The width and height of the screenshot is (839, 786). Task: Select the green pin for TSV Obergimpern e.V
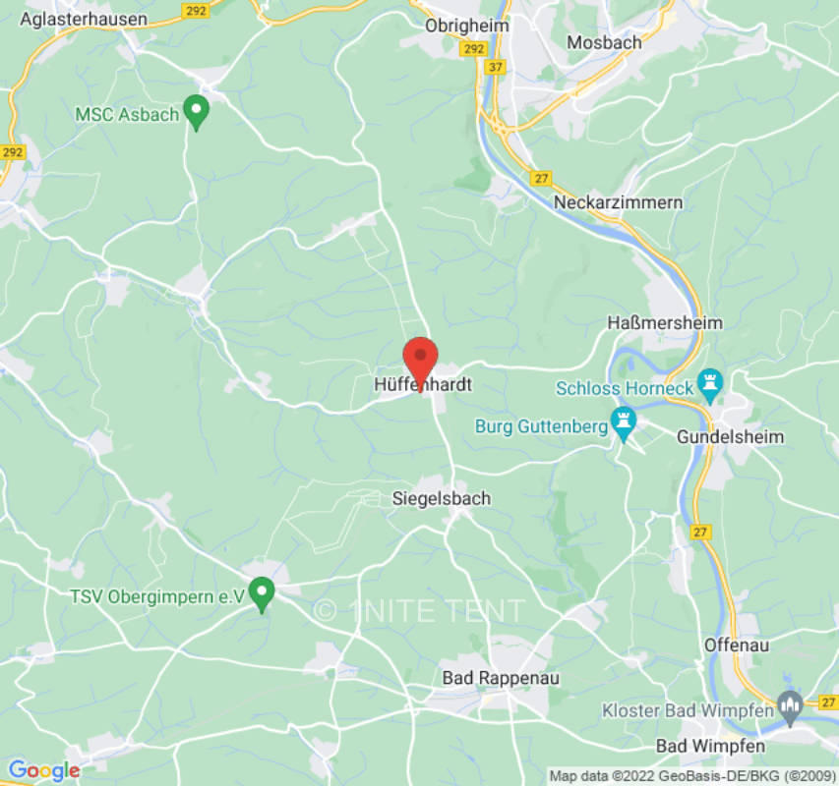point(262,593)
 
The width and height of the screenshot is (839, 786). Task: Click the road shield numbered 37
point(496,67)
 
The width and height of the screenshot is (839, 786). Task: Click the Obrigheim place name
point(467,26)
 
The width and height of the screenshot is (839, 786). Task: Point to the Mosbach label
point(605,42)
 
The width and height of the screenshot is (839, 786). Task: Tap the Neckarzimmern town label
point(618,202)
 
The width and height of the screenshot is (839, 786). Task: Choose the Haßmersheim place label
point(665,323)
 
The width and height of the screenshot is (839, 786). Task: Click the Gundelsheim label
point(731,436)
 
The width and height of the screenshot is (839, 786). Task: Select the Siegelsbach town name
point(441,498)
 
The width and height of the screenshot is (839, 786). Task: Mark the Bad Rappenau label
point(487,677)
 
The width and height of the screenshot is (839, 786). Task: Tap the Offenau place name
point(737,646)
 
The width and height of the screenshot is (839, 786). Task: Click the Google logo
point(43,770)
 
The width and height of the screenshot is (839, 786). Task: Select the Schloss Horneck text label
point(625,388)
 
